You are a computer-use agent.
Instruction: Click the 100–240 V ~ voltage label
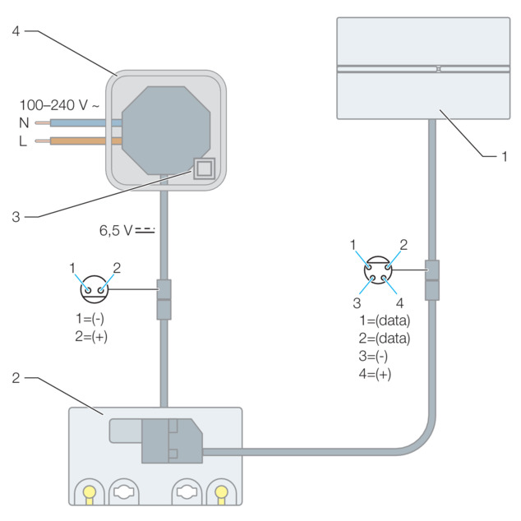click(59, 105)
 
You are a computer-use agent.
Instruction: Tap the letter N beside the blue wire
click(24, 123)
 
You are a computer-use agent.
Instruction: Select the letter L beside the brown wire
click(22, 141)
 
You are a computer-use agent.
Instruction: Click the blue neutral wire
click(78, 123)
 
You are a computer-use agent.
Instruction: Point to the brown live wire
click(78, 141)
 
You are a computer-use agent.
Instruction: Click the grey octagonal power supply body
click(166, 131)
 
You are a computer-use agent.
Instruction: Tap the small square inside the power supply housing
click(205, 168)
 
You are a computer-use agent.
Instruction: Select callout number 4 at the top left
click(16, 31)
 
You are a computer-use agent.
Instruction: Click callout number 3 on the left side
click(16, 217)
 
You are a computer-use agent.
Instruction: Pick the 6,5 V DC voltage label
click(127, 230)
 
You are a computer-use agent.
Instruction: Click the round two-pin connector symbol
click(95, 289)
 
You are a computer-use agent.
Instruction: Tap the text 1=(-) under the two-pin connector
click(90, 319)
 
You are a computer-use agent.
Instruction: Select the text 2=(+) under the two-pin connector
click(91, 337)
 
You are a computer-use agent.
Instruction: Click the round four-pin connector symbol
click(378, 270)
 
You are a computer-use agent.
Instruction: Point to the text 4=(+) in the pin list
click(375, 374)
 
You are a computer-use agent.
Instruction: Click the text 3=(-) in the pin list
click(373, 356)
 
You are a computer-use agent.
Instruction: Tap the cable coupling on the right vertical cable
click(432, 280)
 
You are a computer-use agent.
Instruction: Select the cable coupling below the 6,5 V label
click(164, 300)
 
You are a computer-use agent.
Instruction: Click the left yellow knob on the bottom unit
click(90, 493)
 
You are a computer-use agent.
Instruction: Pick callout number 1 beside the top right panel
click(505, 156)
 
